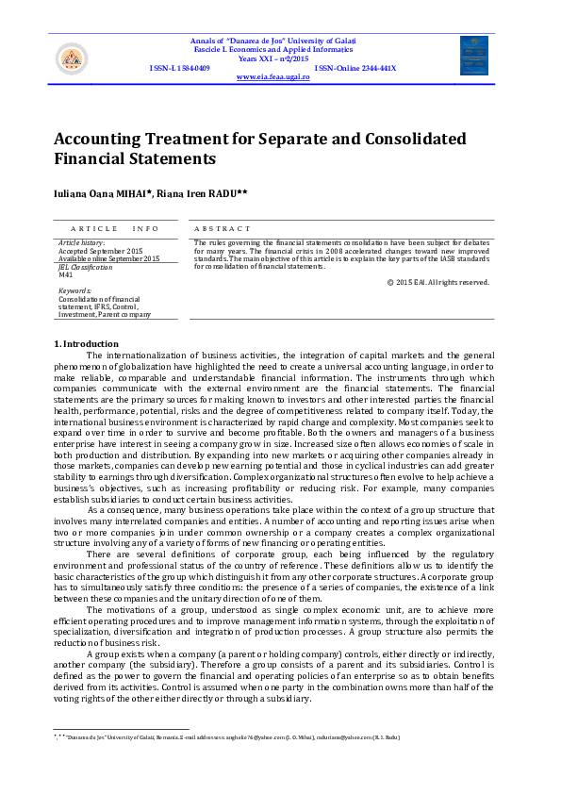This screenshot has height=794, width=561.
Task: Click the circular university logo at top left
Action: (72, 59)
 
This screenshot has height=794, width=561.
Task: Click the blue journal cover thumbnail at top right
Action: (474, 56)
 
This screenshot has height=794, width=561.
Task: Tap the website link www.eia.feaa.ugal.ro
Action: (272, 76)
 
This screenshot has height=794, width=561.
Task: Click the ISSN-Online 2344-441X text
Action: (355, 68)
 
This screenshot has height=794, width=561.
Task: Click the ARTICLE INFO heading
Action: (114, 228)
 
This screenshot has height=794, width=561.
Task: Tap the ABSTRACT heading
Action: (223, 228)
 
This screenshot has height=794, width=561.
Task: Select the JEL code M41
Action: (66, 274)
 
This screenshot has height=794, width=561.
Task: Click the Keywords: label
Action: (75, 291)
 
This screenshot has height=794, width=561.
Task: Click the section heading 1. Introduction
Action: (86, 343)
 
